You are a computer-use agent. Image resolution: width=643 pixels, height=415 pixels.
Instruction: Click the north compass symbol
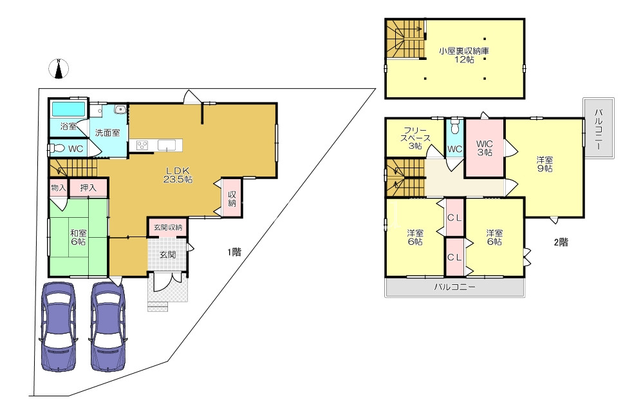pyautogui.click(x=59, y=68)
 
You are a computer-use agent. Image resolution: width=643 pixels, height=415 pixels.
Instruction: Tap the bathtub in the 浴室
pyautogui.click(x=68, y=109)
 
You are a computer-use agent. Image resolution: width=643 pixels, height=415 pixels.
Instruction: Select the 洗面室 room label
pyautogui.click(x=107, y=133)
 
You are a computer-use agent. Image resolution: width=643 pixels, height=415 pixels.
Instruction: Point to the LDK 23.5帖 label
pyautogui.click(x=178, y=175)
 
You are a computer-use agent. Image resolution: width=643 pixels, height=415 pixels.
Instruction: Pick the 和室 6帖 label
pyautogui.click(x=79, y=237)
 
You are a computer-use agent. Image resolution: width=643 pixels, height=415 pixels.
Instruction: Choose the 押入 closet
pyautogui.click(x=88, y=188)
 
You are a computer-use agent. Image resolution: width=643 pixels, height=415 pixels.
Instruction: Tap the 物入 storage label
pyautogui.click(x=59, y=188)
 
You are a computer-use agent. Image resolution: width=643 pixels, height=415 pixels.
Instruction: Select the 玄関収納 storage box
pyautogui.click(x=168, y=227)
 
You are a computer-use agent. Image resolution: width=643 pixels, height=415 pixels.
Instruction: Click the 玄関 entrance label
pyautogui.click(x=168, y=255)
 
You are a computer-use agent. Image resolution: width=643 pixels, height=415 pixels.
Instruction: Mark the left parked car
pyautogui.click(x=59, y=326)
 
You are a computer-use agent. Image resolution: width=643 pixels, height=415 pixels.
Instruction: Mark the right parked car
pyautogui.click(x=107, y=326)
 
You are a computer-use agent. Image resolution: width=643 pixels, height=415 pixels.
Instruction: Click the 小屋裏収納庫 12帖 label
pyautogui.click(x=464, y=55)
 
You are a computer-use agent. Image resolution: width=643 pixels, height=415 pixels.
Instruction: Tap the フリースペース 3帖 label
pyautogui.click(x=415, y=138)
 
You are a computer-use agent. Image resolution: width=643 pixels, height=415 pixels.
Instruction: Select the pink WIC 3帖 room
pyautogui.click(x=484, y=148)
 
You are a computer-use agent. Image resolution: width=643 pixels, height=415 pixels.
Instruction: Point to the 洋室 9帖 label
pyautogui.click(x=545, y=164)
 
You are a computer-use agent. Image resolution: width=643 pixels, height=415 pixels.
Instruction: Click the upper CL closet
pyautogui.click(x=455, y=218)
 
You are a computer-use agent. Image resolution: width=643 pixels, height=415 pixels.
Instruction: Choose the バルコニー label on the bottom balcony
pyautogui.click(x=455, y=287)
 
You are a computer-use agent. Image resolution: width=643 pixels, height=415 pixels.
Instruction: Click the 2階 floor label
pyautogui.click(x=561, y=242)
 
